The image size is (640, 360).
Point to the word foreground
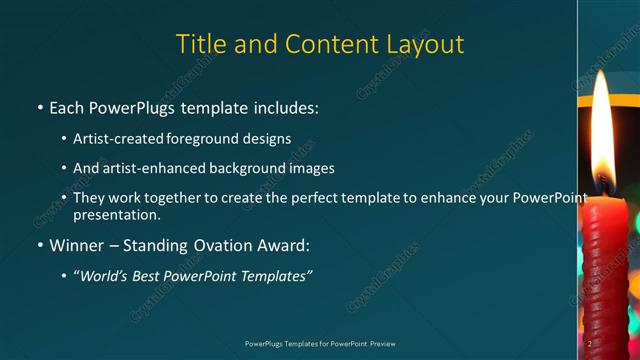[213, 138]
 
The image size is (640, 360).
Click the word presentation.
[117, 214]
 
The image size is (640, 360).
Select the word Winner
[78, 245]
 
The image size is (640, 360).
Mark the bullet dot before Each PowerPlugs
[39, 107]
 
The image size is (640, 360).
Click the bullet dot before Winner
[39, 245]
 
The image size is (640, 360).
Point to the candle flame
[601, 135]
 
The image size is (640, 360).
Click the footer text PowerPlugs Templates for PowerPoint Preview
[319, 343]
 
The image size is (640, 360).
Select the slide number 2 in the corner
[592, 343]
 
